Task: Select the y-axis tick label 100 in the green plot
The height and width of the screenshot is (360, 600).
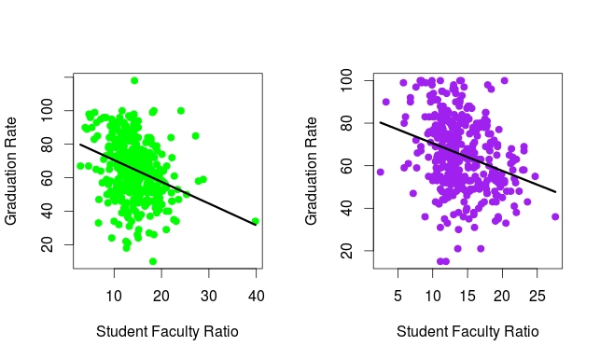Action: (48, 111)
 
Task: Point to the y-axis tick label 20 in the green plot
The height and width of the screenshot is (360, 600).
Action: (48, 244)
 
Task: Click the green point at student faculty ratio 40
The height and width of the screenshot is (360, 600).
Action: (255, 221)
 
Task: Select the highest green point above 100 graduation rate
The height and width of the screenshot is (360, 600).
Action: (134, 80)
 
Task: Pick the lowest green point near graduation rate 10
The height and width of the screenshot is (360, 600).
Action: (153, 261)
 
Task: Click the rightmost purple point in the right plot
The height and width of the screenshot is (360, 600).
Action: (555, 216)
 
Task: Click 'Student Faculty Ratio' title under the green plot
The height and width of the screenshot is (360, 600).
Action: (167, 331)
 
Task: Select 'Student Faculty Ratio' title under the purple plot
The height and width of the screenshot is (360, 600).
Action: (467, 331)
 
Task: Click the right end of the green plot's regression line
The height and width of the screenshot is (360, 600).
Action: (255, 225)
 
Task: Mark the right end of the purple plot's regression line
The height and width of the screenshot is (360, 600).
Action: (555, 192)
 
